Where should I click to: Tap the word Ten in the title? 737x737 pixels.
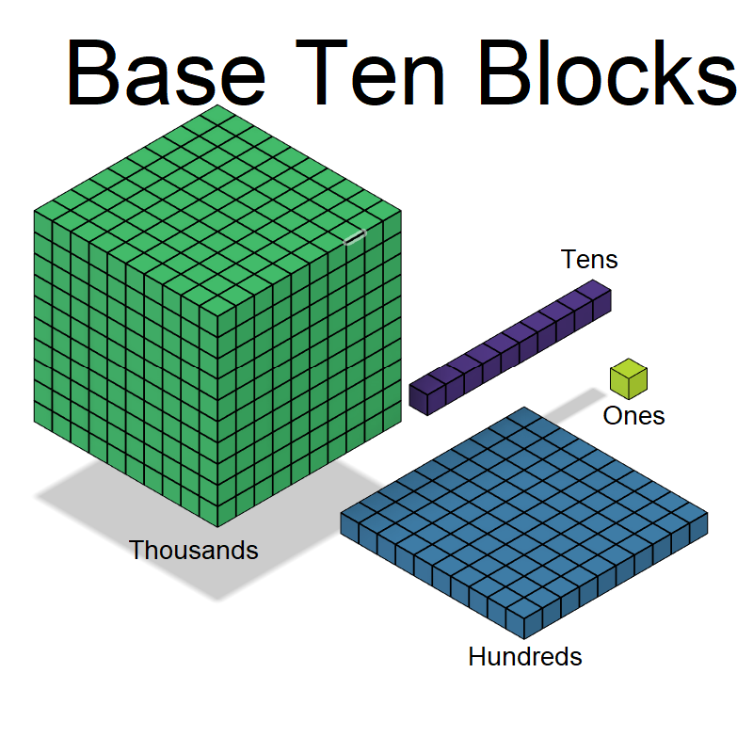pos(377,73)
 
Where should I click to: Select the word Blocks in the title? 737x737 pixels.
pos(602,73)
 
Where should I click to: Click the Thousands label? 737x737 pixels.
pos(193,550)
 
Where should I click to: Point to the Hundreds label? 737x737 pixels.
pos(524,656)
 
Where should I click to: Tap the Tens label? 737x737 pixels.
pos(589,259)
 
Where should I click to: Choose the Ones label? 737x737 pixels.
pos(633,415)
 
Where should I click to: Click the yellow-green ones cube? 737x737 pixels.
pos(628,378)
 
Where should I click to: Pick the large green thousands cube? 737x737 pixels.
pos(216,320)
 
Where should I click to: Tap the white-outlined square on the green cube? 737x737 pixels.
pos(355,236)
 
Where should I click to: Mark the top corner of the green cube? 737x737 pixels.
pos(217,106)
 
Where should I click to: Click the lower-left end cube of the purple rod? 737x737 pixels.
pos(426,394)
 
